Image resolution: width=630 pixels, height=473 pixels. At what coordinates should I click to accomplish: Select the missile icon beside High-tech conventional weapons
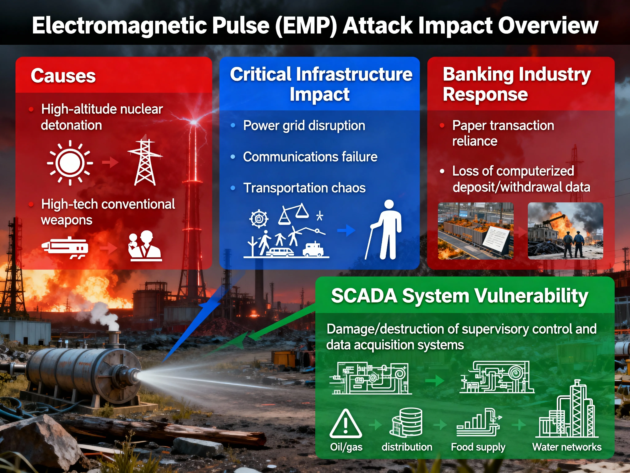tap(65, 247)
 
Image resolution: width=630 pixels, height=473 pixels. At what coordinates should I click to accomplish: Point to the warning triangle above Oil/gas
tap(346, 424)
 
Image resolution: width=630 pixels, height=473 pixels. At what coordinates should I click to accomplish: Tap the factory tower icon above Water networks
tap(567, 409)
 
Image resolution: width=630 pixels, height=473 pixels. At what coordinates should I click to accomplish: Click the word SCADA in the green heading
tap(364, 296)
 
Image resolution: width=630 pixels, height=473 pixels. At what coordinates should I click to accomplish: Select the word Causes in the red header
tap(63, 76)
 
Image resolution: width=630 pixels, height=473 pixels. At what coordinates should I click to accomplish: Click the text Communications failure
tap(310, 157)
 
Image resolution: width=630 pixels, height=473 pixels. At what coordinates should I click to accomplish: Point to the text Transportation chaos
tap(304, 188)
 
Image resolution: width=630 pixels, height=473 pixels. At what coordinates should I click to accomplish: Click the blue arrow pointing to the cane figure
tap(346, 230)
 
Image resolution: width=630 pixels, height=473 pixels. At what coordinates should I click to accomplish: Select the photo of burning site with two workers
tap(565, 231)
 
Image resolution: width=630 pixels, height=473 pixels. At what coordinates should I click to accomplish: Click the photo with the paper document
tap(476, 231)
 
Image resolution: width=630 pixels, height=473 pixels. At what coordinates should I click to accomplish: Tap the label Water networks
tap(567, 447)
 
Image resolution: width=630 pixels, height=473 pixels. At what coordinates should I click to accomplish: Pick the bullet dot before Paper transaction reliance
tap(442, 125)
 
